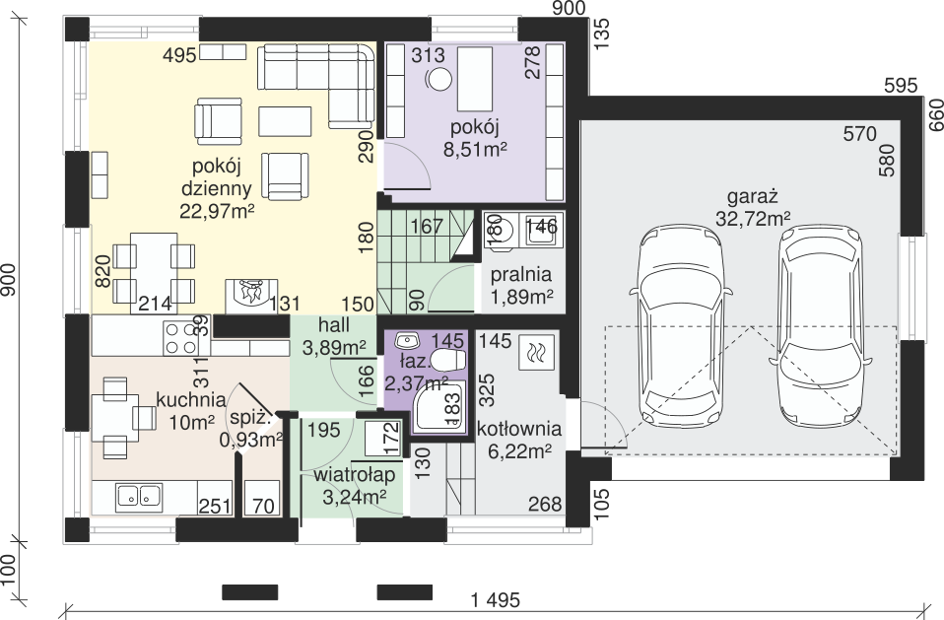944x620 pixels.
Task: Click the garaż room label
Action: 753,197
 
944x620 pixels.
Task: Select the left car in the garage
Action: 682,326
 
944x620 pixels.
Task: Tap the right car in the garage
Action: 820,326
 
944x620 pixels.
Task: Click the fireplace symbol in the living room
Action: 251,296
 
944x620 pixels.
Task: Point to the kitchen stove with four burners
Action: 180,338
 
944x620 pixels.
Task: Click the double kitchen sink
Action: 139,496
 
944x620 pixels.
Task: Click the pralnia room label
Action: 521,274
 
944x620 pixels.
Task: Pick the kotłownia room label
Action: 519,429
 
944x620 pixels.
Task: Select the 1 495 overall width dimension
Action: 495,600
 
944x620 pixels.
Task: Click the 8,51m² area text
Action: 474,149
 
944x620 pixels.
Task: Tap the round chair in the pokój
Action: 438,78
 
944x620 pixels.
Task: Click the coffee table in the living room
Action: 286,121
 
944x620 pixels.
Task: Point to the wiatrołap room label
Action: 355,475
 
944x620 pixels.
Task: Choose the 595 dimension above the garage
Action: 901,86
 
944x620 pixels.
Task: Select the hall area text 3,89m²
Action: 335,348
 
